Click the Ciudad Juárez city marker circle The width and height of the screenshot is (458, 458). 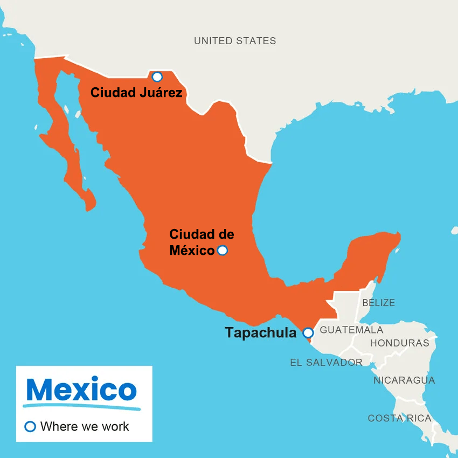(x=157, y=77)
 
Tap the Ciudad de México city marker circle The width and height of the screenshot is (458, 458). (x=222, y=250)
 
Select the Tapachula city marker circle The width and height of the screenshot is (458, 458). (x=308, y=332)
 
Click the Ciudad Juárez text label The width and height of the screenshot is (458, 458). (x=136, y=93)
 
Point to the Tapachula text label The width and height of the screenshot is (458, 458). (x=260, y=333)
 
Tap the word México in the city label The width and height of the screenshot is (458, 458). (x=192, y=251)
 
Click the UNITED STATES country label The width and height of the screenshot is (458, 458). (x=235, y=41)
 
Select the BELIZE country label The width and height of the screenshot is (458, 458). (x=378, y=303)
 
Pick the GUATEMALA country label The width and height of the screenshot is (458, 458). (x=351, y=330)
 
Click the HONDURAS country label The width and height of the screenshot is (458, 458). (x=399, y=343)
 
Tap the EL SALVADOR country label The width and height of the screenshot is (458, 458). (x=326, y=363)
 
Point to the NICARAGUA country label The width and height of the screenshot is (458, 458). (x=404, y=380)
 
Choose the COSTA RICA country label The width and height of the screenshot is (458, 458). (x=399, y=418)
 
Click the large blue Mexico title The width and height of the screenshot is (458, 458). (x=81, y=389)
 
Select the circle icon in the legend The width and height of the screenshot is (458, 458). (x=31, y=427)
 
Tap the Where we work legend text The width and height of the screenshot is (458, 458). (x=85, y=427)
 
